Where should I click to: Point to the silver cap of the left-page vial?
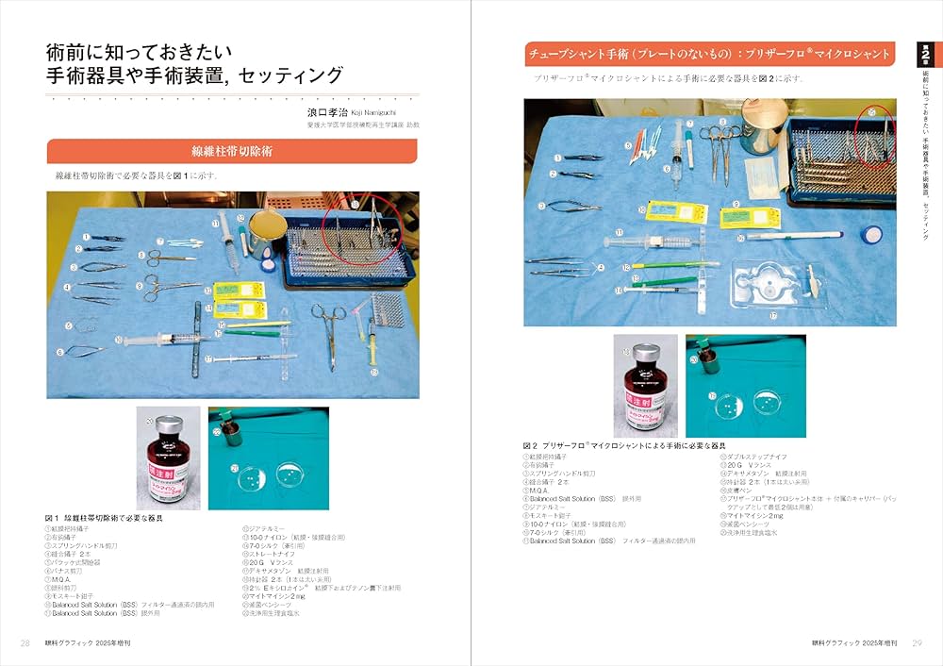pyautogui.click(x=168, y=424)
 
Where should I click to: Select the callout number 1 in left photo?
pyautogui.click(x=86, y=237)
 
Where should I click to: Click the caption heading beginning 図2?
pyautogui.click(x=622, y=443)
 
